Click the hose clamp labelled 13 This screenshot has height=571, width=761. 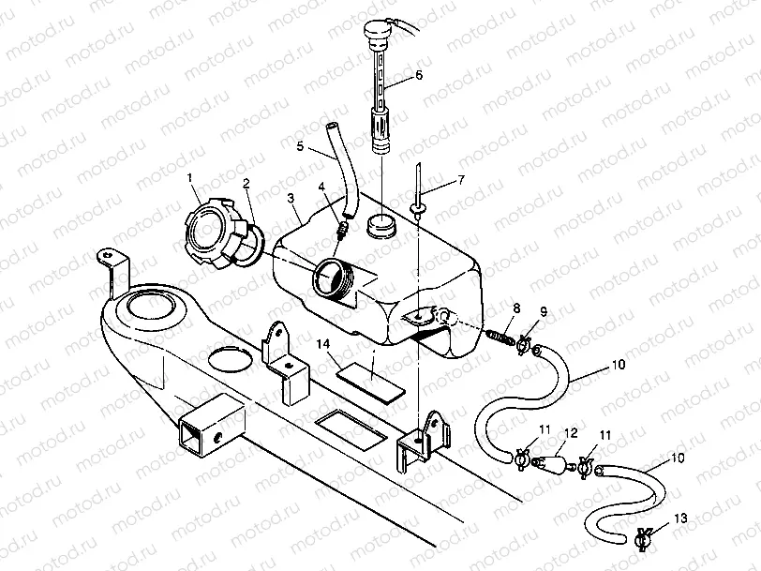644,538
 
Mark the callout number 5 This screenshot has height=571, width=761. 301,146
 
